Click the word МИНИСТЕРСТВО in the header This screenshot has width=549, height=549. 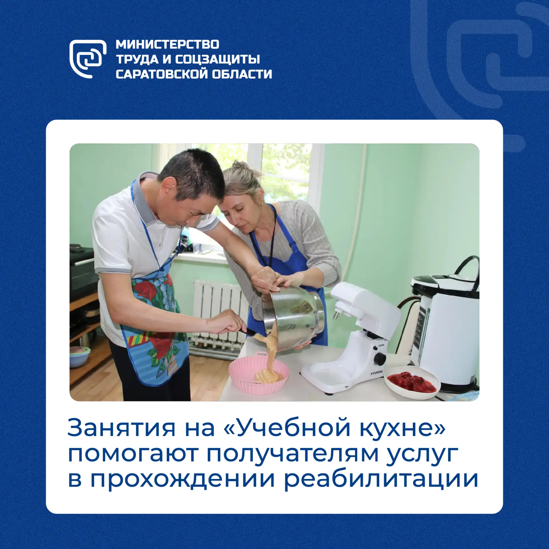168,45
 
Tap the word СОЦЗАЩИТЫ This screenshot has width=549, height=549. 217,59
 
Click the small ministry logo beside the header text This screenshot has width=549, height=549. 88,59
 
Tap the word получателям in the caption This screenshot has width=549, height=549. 293,455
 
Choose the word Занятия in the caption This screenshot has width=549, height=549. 121,428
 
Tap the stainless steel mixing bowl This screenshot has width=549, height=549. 293,317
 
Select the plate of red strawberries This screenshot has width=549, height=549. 412,382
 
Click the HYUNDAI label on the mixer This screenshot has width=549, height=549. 377,373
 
